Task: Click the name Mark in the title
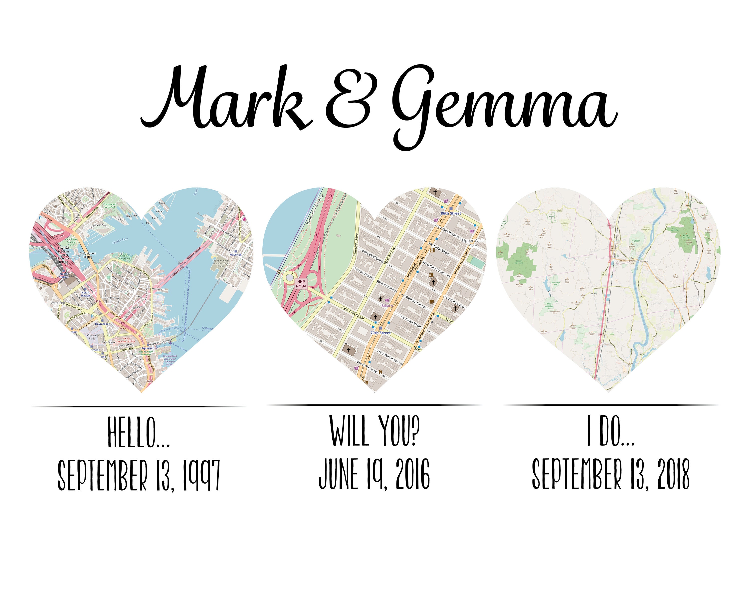[226, 99]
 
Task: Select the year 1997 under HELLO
[201, 474]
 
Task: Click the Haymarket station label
[102, 324]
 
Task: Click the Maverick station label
[235, 254]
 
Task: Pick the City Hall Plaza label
[92, 337]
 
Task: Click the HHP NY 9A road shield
[301, 283]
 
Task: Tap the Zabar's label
[387, 305]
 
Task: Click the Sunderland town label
[644, 260]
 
